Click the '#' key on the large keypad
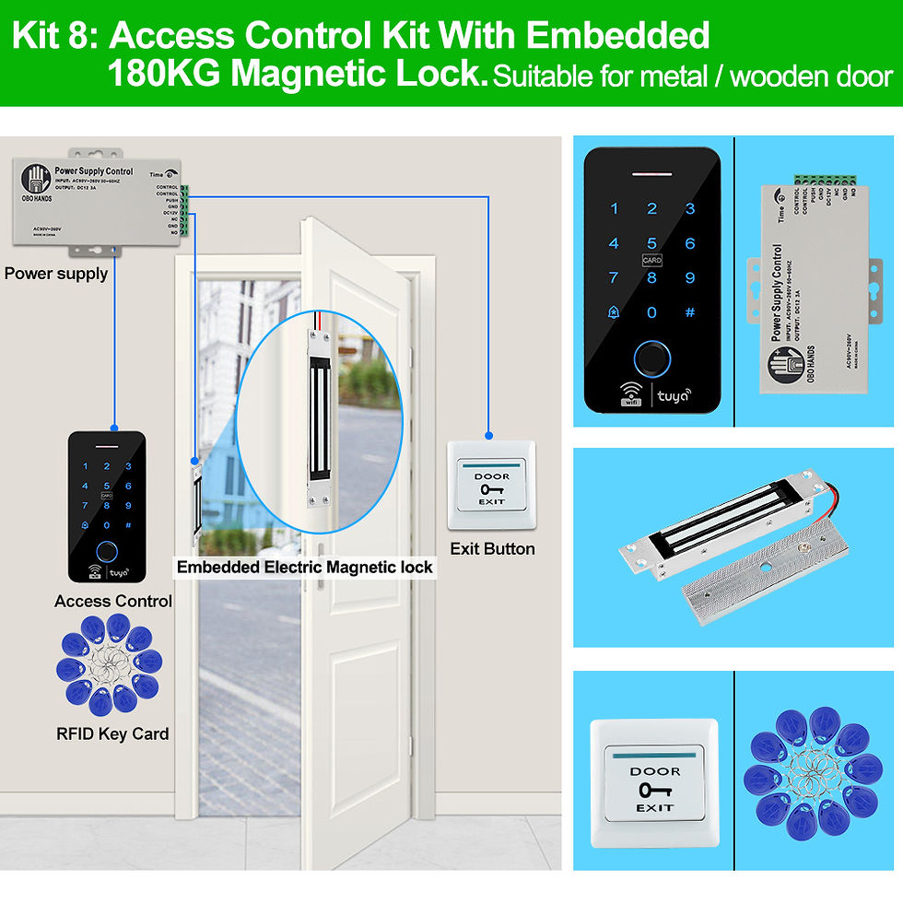coord(690,312)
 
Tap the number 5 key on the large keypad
coord(651,244)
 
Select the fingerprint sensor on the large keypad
coord(651,358)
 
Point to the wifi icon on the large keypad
coord(629,393)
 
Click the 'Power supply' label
coord(56,274)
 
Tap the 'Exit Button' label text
coord(492,549)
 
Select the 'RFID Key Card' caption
coord(112,734)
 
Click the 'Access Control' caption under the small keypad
coord(112,602)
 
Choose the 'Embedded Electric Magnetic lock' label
coord(304,568)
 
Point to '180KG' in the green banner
coord(164,74)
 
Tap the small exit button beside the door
coord(491,486)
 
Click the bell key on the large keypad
coord(614,312)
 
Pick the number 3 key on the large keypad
coord(690,210)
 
